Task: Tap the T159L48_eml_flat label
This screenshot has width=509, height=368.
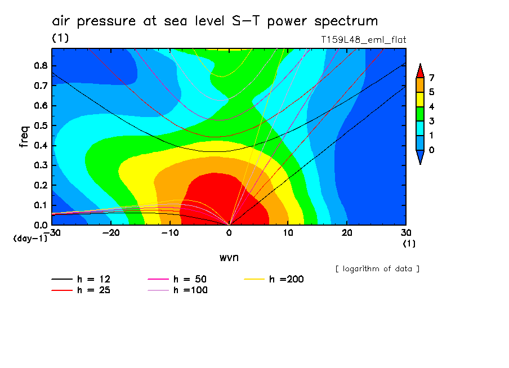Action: [x=363, y=39]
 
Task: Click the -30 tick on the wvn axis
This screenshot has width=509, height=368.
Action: [x=52, y=232]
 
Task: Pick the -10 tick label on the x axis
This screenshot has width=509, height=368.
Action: [x=170, y=232]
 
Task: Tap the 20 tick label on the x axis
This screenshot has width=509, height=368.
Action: [x=347, y=232]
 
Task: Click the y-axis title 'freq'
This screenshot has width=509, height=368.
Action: [x=24, y=137]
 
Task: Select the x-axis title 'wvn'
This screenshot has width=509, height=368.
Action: [x=229, y=257]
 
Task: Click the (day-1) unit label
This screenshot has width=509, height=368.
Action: [x=30, y=239]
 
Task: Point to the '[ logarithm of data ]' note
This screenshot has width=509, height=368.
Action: [x=377, y=268]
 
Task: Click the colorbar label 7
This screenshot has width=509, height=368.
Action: [x=431, y=78]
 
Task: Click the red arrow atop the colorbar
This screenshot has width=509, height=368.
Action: [x=419, y=70]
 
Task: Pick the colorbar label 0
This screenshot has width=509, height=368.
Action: [x=431, y=150]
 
